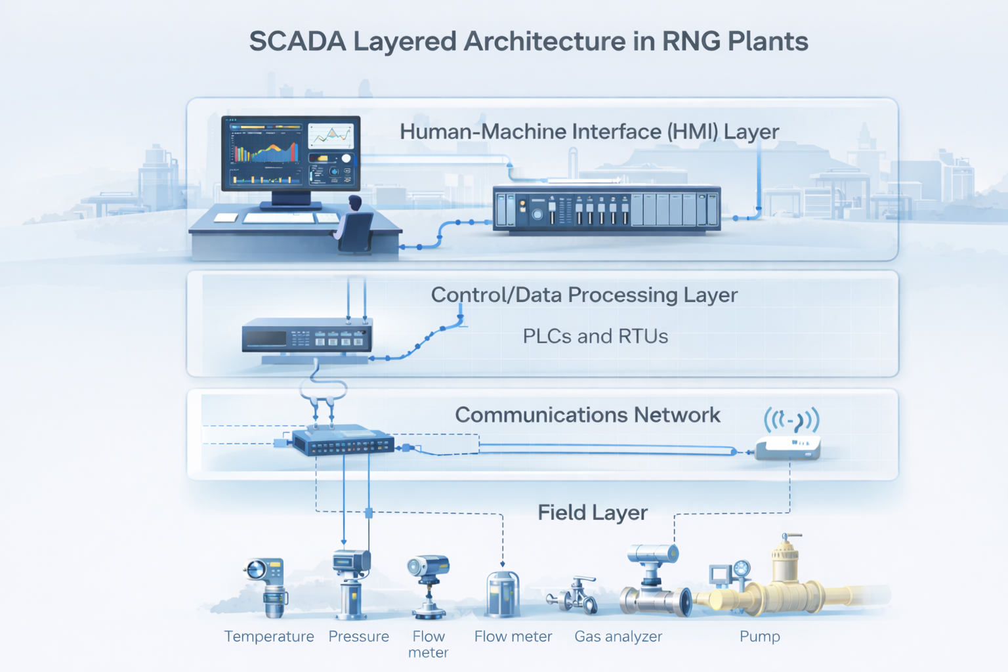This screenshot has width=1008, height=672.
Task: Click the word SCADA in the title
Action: point(297,41)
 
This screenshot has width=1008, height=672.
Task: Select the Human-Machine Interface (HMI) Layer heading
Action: point(589,132)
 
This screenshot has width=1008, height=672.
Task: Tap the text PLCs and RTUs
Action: point(595,336)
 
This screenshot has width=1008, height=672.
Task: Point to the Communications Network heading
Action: point(587,415)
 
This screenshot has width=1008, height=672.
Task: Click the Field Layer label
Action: point(593,513)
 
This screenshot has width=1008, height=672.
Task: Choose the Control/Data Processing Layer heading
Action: point(584,295)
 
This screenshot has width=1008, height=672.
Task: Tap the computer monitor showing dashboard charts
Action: point(291,154)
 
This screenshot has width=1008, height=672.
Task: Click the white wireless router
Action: point(787,448)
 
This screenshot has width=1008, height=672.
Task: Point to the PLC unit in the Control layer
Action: point(307,336)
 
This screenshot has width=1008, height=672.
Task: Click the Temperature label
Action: point(269,637)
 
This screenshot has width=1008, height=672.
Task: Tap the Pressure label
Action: point(358,637)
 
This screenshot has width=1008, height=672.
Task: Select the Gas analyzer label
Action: point(618,637)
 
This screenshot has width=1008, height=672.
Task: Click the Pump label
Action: point(760,637)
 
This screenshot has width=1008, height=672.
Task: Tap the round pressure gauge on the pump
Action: point(742,568)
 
